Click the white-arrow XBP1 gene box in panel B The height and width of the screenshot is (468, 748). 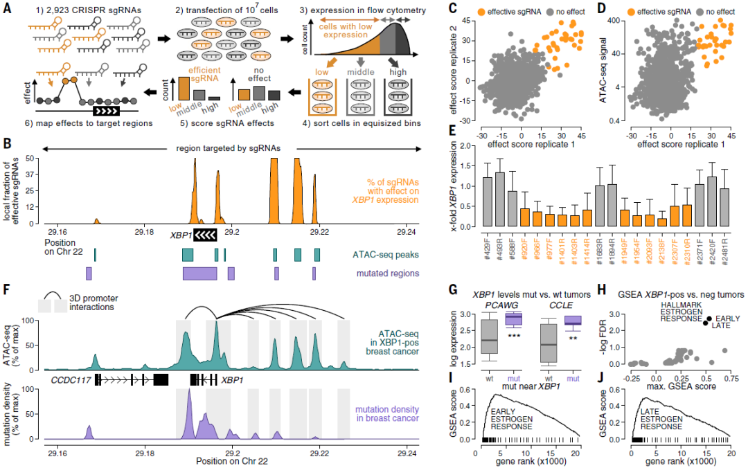click(206, 235)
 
